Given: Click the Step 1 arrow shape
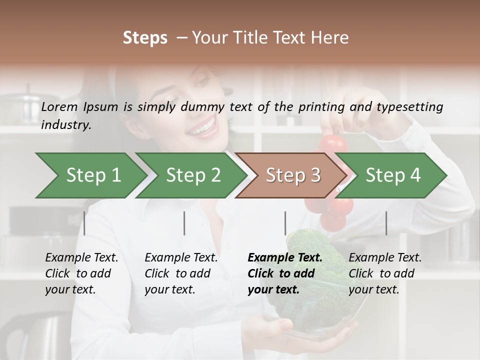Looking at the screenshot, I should click(x=90, y=175).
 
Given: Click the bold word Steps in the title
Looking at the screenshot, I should click(x=145, y=38).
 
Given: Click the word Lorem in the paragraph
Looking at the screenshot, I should click(x=59, y=107).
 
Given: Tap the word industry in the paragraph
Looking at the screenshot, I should click(x=65, y=125).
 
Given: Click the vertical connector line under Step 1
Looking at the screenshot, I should click(x=84, y=223).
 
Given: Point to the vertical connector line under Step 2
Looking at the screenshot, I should click(x=184, y=223).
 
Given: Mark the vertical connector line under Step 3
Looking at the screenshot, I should click(x=285, y=223).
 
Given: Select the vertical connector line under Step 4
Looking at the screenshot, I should click(x=386, y=223).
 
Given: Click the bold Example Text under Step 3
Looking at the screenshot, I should click(x=285, y=258).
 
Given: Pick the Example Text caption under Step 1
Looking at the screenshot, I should click(x=81, y=258).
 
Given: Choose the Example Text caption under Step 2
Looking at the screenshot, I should click(x=181, y=258).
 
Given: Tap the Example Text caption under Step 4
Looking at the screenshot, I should click(x=385, y=258).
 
